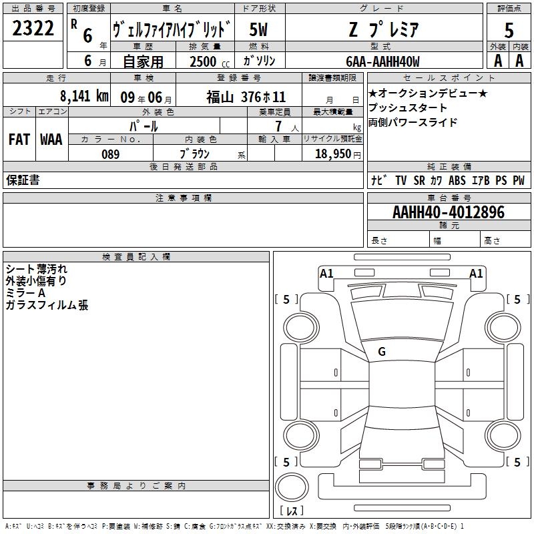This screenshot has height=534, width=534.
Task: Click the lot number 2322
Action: [x=33, y=28]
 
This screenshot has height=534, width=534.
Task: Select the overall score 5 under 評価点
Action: [x=509, y=30]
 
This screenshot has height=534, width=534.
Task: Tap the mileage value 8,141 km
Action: [x=84, y=96]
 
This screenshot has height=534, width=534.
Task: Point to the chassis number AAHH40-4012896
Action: [x=449, y=212]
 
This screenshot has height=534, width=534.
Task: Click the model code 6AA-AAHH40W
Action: [x=382, y=61]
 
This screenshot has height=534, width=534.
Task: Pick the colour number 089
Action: [x=110, y=154]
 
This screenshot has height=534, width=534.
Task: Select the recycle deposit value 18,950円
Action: [x=338, y=154]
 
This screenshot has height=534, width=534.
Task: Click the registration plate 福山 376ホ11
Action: [x=246, y=97]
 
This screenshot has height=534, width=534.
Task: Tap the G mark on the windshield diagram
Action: [x=382, y=352]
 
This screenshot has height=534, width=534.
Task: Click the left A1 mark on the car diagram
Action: [x=326, y=274]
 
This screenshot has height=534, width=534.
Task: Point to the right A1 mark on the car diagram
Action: [x=476, y=274]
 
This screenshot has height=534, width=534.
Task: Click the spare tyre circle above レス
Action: [x=292, y=487]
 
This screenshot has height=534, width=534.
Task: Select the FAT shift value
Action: [x=19, y=140]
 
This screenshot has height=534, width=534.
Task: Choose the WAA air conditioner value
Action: [x=51, y=140]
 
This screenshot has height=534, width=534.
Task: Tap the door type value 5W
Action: [x=258, y=29]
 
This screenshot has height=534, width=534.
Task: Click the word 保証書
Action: [x=23, y=180]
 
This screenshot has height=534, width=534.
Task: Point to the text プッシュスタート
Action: [x=408, y=107]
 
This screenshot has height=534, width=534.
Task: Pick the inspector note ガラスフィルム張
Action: [x=47, y=305]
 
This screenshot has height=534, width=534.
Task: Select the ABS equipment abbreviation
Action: [x=457, y=180]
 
